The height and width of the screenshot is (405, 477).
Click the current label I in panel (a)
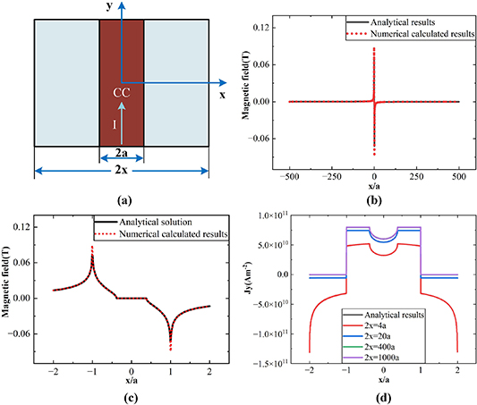tap(114, 126)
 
